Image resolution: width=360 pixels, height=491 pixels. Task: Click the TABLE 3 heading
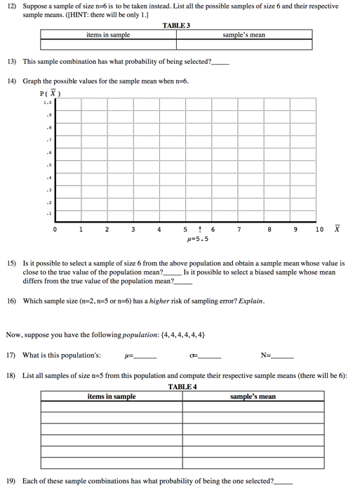pyautogui.click(x=176, y=25)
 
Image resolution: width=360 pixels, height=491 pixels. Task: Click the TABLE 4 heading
pyautogui.click(x=182, y=387)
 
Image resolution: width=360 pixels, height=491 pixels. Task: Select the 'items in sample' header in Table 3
pyautogui.click(x=108, y=34)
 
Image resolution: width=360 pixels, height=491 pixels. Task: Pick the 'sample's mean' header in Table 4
pyautogui.click(x=253, y=397)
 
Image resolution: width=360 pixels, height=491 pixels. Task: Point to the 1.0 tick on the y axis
pyautogui.click(x=47, y=103)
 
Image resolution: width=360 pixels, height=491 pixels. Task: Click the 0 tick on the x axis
pyautogui.click(x=55, y=230)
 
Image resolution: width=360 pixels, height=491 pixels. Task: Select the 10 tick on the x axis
pyautogui.click(x=319, y=230)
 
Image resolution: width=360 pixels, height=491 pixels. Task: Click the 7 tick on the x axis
pyautogui.click(x=239, y=230)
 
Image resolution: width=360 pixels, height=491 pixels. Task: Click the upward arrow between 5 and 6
pyautogui.click(x=200, y=230)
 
